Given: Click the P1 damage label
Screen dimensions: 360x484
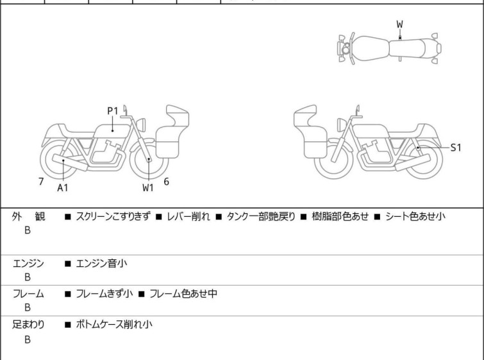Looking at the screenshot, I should [112, 111].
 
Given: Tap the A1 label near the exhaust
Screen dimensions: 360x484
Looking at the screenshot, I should [62, 188].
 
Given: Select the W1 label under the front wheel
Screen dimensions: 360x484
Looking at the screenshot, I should [148, 188].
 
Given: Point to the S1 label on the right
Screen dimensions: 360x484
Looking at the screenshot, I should [456, 148].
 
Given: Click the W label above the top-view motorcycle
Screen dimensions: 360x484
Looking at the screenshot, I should [399, 24].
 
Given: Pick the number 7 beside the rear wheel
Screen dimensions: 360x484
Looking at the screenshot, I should [41, 182].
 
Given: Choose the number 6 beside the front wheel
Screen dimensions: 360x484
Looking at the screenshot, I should [166, 182].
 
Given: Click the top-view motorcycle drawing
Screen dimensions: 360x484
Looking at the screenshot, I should [390, 47].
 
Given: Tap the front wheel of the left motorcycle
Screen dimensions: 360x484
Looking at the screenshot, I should [148, 160].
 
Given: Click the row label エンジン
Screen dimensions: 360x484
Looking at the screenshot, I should [29, 264].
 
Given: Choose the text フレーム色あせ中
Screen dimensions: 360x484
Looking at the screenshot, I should [183, 295].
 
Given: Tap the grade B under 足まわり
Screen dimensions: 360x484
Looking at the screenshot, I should [28, 340].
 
